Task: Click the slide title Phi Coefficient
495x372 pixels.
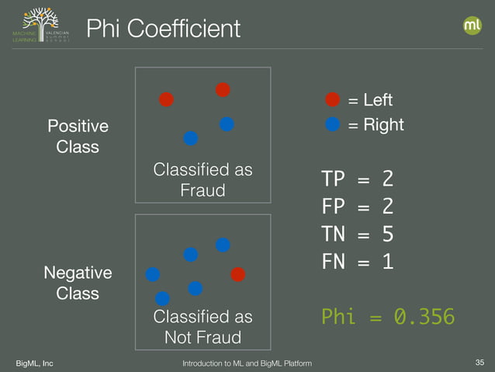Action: click(163, 30)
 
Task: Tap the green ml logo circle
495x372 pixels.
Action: click(472, 26)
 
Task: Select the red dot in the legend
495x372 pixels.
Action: click(332, 99)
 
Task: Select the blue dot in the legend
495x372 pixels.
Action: click(332, 124)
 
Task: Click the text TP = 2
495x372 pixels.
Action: click(357, 179)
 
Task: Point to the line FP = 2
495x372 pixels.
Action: click(357, 207)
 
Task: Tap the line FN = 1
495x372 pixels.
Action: click(357, 262)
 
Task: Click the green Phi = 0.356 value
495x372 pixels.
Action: click(387, 318)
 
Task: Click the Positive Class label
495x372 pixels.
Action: click(78, 136)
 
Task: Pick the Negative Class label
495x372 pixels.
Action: click(78, 283)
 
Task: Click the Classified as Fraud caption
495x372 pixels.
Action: click(202, 179)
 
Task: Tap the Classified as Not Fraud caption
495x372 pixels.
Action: click(202, 327)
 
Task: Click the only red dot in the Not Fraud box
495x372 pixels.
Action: click(237, 274)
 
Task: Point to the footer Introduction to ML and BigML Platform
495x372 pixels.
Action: click(247, 362)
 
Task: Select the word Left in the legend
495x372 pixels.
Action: click(378, 100)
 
